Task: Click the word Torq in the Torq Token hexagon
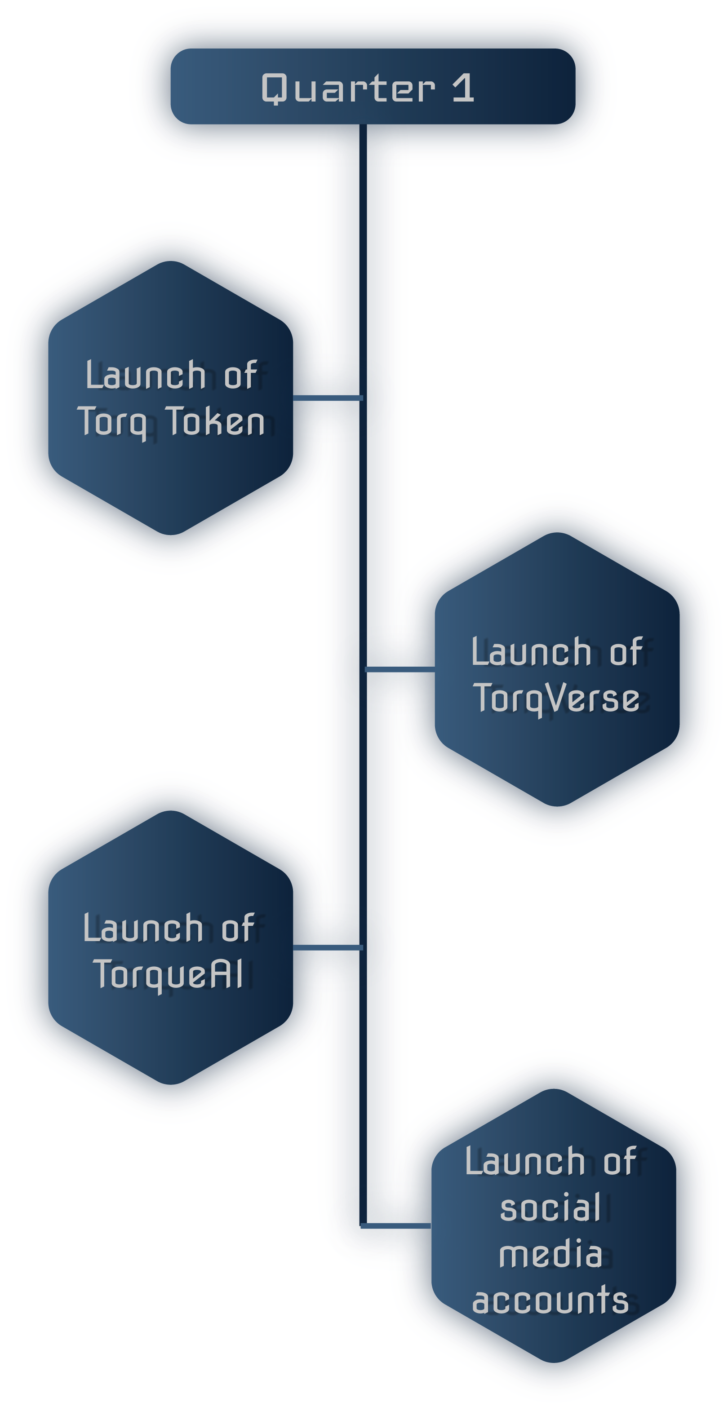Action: tap(113, 423)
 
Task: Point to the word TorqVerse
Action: tap(556, 699)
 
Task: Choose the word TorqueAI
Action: tap(168, 975)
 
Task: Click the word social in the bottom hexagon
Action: tap(550, 1207)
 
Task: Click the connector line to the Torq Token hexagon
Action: tap(328, 398)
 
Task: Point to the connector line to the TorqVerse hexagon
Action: tap(400, 669)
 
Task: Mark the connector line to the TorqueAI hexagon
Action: tap(328, 947)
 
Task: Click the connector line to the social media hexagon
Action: tap(396, 1226)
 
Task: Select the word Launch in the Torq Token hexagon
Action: tap(146, 375)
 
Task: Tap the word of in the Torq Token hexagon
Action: tap(240, 375)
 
